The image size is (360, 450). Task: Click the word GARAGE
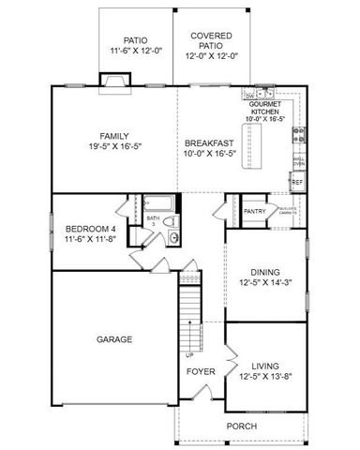(x=113, y=339)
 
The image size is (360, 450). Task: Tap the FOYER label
(x=201, y=371)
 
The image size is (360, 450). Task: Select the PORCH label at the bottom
(x=242, y=426)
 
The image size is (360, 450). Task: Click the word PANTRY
(x=255, y=212)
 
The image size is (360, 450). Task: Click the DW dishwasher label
(x=248, y=96)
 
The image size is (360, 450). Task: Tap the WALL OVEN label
(x=298, y=161)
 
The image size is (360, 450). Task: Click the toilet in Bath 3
(x=174, y=237)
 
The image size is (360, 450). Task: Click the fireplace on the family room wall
(x=114, y=84)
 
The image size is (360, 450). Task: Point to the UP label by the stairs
(x=190, y=355)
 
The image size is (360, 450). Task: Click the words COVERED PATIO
(x=212, y=42)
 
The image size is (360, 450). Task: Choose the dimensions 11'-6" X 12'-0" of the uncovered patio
(x=136, y=50)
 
